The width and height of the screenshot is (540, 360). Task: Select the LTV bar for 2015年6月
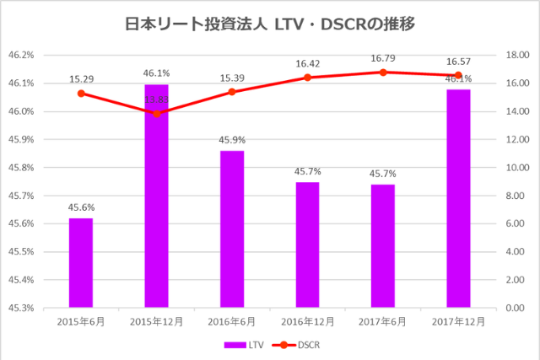pyautogui.click(x=81, y=263)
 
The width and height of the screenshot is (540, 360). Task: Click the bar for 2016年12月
pyautogui.click(x=307, y=244)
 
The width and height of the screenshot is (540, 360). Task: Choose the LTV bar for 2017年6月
pyautogui.click(x=383, y=246)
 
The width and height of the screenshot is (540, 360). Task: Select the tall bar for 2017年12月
pyautogui.click(x=458, y=198)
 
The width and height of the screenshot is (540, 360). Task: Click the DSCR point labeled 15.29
pyautogui.click(x=81, y=94)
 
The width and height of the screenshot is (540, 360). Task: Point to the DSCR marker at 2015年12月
pyautogui.click(x=156, y=113)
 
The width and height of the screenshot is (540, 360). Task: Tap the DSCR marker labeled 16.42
pyautogui.click(x=307, y=78)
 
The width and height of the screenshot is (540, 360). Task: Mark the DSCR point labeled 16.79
pyautogui.click(x=383, y=73)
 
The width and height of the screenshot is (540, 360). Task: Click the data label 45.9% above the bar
pyautogui.click(x=232, y=140)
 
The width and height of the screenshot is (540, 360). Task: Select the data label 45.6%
pyautogui.click(x=81, y=207)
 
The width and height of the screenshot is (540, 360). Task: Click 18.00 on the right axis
pyautogui.click(x=516, y=56)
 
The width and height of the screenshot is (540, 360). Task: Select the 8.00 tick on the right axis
pyautogui.click(x=516, y=196)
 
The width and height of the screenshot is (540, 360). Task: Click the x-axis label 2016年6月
pyautogui.click(x=232, y=321)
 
